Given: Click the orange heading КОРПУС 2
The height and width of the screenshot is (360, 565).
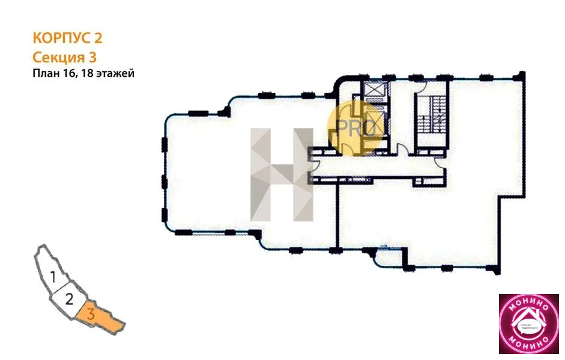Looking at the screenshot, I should (x=67, y=38).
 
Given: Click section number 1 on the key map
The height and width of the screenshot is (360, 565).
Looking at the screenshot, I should (x=53, y=277).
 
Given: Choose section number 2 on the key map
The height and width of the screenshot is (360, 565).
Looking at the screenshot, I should (x=69, y=298).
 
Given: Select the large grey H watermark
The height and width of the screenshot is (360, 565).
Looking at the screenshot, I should (x=282, y=173).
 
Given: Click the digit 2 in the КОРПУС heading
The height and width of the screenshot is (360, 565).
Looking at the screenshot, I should (x=97, y=38).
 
